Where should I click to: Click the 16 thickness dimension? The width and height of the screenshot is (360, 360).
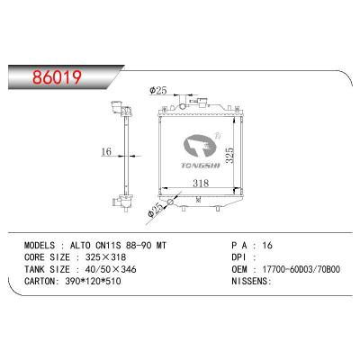[x=106, y=152]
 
